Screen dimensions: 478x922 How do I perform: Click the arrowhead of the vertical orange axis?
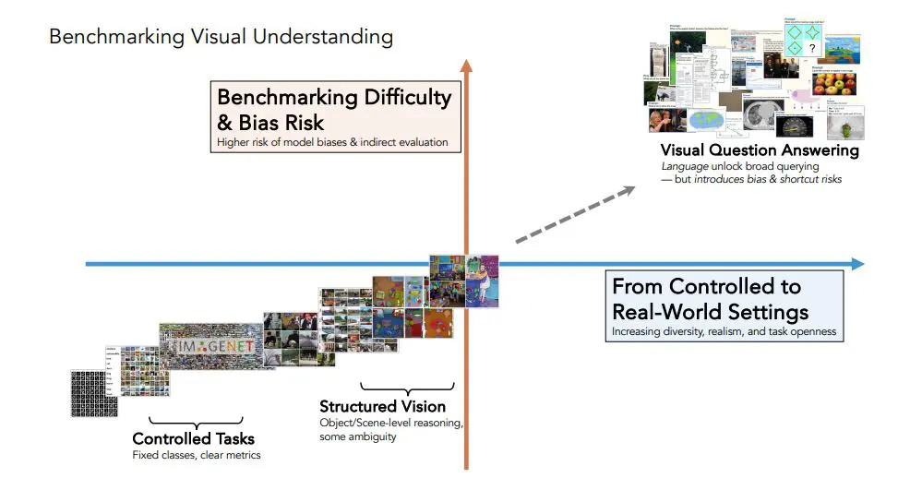[466, 66]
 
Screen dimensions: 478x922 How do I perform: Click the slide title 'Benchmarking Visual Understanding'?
[221, 37]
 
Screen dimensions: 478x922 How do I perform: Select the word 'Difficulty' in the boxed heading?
[401, 97]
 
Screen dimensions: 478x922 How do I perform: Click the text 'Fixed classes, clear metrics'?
[197, 455]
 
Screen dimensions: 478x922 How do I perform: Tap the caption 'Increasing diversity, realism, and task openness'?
[723, 330]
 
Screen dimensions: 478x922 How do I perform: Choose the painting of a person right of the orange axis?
[483, 281]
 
